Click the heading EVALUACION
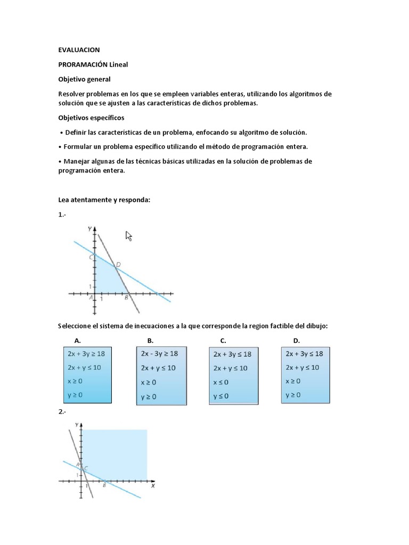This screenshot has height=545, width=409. (79, 50)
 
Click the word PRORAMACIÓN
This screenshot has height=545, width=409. (83, 64)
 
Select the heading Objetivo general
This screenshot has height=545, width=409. (84, 79)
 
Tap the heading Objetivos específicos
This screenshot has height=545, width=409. (91, 118)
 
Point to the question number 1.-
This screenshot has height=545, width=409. (62, 214)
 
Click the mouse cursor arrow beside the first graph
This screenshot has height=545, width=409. (128, 236)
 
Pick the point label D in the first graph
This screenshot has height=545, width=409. (118, 264)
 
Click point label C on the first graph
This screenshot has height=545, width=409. (91, 257)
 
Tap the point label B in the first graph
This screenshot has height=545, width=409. (126, 298)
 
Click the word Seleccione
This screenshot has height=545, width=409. (76, 325)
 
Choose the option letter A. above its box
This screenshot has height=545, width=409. (78, 340)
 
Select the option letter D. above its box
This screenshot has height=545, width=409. (296, 340)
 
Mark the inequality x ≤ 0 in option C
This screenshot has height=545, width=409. (221, 382)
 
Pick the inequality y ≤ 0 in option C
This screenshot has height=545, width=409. (221, 397)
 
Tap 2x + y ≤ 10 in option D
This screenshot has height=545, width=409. (302, 367)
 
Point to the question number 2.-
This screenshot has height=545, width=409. (62, 411)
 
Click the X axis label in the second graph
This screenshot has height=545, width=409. (153, 485)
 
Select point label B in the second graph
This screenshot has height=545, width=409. (104, 485)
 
